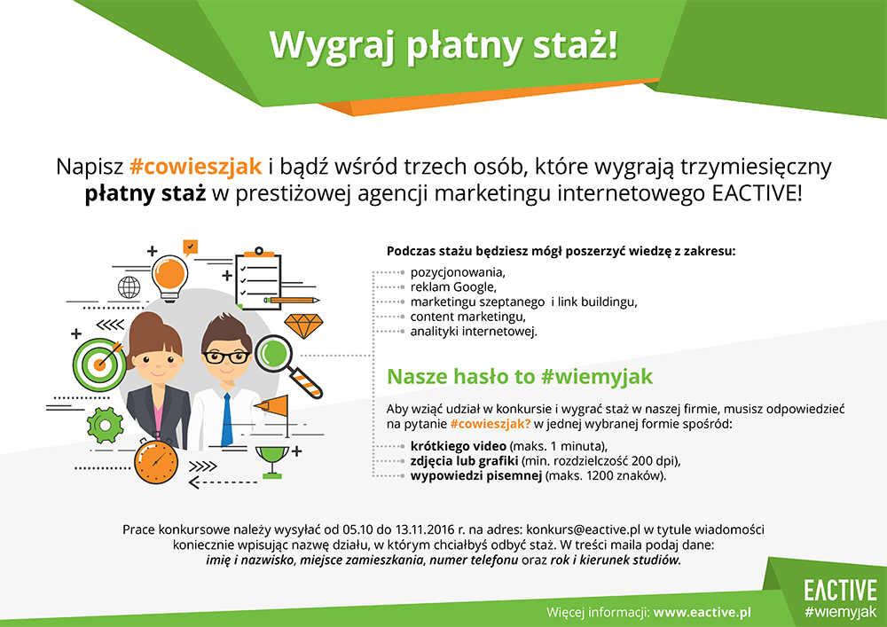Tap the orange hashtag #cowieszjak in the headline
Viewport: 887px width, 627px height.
[194, 166]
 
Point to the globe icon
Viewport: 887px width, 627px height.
[129, 287]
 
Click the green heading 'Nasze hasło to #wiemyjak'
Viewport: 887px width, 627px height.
[520, 376]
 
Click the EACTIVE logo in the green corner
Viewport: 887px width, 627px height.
[839, 590]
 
